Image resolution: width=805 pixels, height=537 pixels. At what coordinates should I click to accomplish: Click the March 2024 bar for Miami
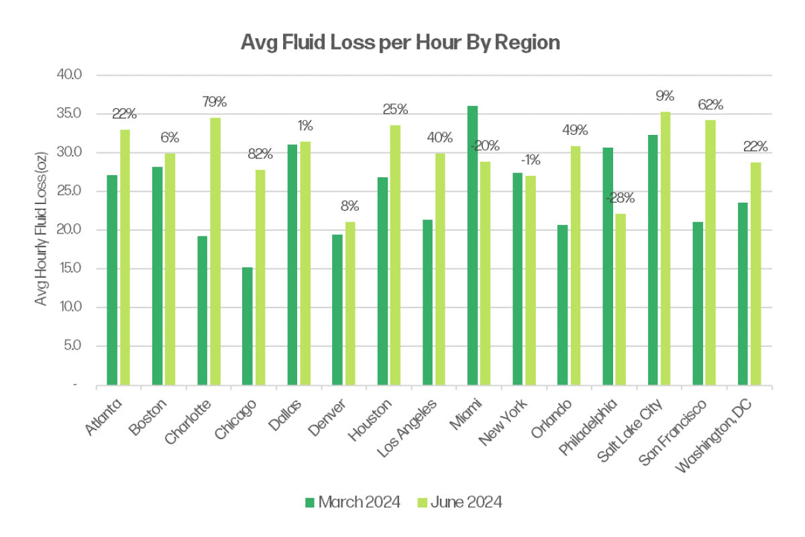point(472,246)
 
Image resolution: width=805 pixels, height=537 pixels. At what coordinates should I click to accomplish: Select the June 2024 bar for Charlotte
point(215,252)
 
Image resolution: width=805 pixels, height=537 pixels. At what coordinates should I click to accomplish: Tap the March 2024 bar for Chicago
point(248,326)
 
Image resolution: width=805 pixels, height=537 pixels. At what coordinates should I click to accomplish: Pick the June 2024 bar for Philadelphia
point(620,299)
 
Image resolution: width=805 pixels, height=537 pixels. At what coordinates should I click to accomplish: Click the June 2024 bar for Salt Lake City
point(665,249)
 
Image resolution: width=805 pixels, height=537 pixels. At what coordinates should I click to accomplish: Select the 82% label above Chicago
point(260,154)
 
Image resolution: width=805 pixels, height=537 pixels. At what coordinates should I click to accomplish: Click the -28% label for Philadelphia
point(620,198)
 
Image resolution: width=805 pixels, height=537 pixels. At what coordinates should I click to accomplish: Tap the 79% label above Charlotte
point(215,102)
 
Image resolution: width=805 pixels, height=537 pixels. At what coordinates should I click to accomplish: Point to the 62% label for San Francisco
point(710,105)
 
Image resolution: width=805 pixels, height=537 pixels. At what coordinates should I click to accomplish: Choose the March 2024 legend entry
point(352,502)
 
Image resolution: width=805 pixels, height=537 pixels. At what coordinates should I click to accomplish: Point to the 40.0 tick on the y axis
point(70,75)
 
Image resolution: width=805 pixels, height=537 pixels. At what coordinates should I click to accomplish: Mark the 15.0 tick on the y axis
point(70,268)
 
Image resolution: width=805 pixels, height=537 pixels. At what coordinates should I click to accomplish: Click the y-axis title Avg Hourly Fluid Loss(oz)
point(42,230)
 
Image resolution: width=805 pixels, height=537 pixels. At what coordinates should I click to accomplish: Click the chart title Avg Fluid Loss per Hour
point(400,43)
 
